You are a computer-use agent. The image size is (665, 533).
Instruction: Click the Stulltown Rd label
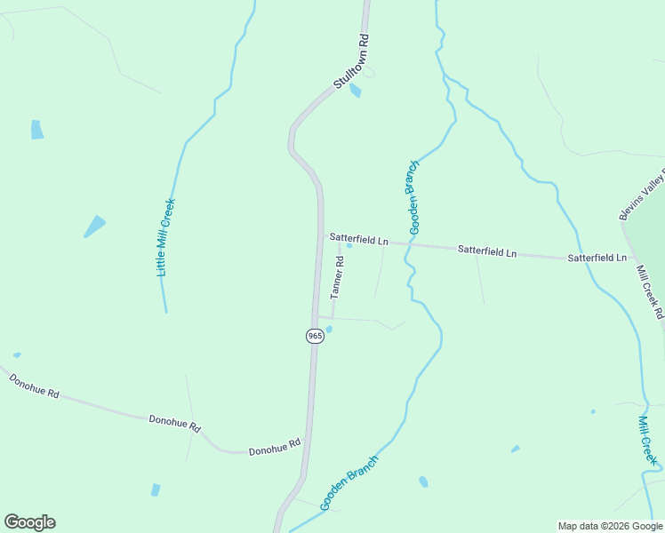[351, 60]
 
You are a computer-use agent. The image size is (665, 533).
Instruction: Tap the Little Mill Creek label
[166, 237]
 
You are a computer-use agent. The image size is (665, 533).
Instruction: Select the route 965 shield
[315, 336]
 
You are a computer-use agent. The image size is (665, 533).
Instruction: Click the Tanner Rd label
[337, 277]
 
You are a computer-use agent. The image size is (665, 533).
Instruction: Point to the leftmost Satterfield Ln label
[359, 239]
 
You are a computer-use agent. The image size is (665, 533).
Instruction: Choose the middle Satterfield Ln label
[486, 251]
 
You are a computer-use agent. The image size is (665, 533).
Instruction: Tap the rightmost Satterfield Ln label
[597, 258]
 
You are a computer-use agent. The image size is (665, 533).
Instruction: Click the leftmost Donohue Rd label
[34, 386]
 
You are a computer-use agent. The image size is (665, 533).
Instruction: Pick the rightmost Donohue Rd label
[275, 446]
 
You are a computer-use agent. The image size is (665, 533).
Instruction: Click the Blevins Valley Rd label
[642, 194]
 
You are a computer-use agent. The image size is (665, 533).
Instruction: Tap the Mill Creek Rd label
[650, 290]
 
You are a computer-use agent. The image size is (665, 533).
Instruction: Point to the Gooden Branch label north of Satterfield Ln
[413, 197]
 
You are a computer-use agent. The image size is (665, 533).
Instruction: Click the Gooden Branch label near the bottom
[349, 482]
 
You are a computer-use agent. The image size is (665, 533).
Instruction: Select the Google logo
[29, 522]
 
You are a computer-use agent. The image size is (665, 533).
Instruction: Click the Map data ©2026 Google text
[611, 526]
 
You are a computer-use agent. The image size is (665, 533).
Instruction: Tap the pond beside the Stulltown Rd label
[356, 90]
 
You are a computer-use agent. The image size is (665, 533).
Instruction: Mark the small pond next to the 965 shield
[329, 329]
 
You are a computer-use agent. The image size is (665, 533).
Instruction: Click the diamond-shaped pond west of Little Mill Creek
[94, 227]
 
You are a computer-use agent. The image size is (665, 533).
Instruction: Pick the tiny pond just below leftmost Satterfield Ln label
[349, 246]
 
